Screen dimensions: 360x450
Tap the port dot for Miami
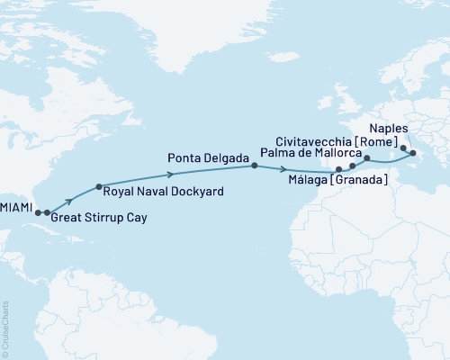click(38, 213)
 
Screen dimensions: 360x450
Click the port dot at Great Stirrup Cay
click(47, 213)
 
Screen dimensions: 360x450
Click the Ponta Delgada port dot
click(254, 166)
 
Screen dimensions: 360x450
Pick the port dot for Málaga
click(338, 169)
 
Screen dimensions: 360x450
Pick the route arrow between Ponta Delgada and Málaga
click(285, 169)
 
